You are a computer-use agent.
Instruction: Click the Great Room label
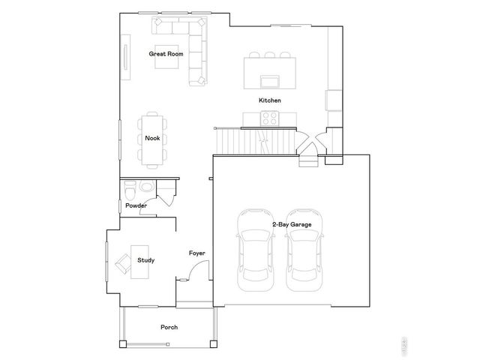coord(166,54)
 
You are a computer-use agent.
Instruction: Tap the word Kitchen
coord(270,100)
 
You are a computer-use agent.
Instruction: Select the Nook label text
coord(152,138)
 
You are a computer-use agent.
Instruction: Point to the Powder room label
coord(136,205)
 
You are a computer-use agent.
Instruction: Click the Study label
coord(146,260)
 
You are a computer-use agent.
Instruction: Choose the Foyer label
coord(197,253)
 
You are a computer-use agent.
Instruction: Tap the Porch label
coord(169,328)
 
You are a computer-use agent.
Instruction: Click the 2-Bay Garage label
coord(292,223)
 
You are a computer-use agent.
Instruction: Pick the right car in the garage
coord(305,250)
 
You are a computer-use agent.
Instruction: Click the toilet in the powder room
coord(128,187)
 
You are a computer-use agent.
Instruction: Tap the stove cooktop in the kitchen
coord(268,118)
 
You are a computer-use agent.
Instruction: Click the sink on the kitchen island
coord(268,80)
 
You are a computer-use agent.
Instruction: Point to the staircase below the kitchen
coord(251,139)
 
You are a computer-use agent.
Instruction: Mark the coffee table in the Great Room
coord(166,58)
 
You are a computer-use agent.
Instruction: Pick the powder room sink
coord(146,187)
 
